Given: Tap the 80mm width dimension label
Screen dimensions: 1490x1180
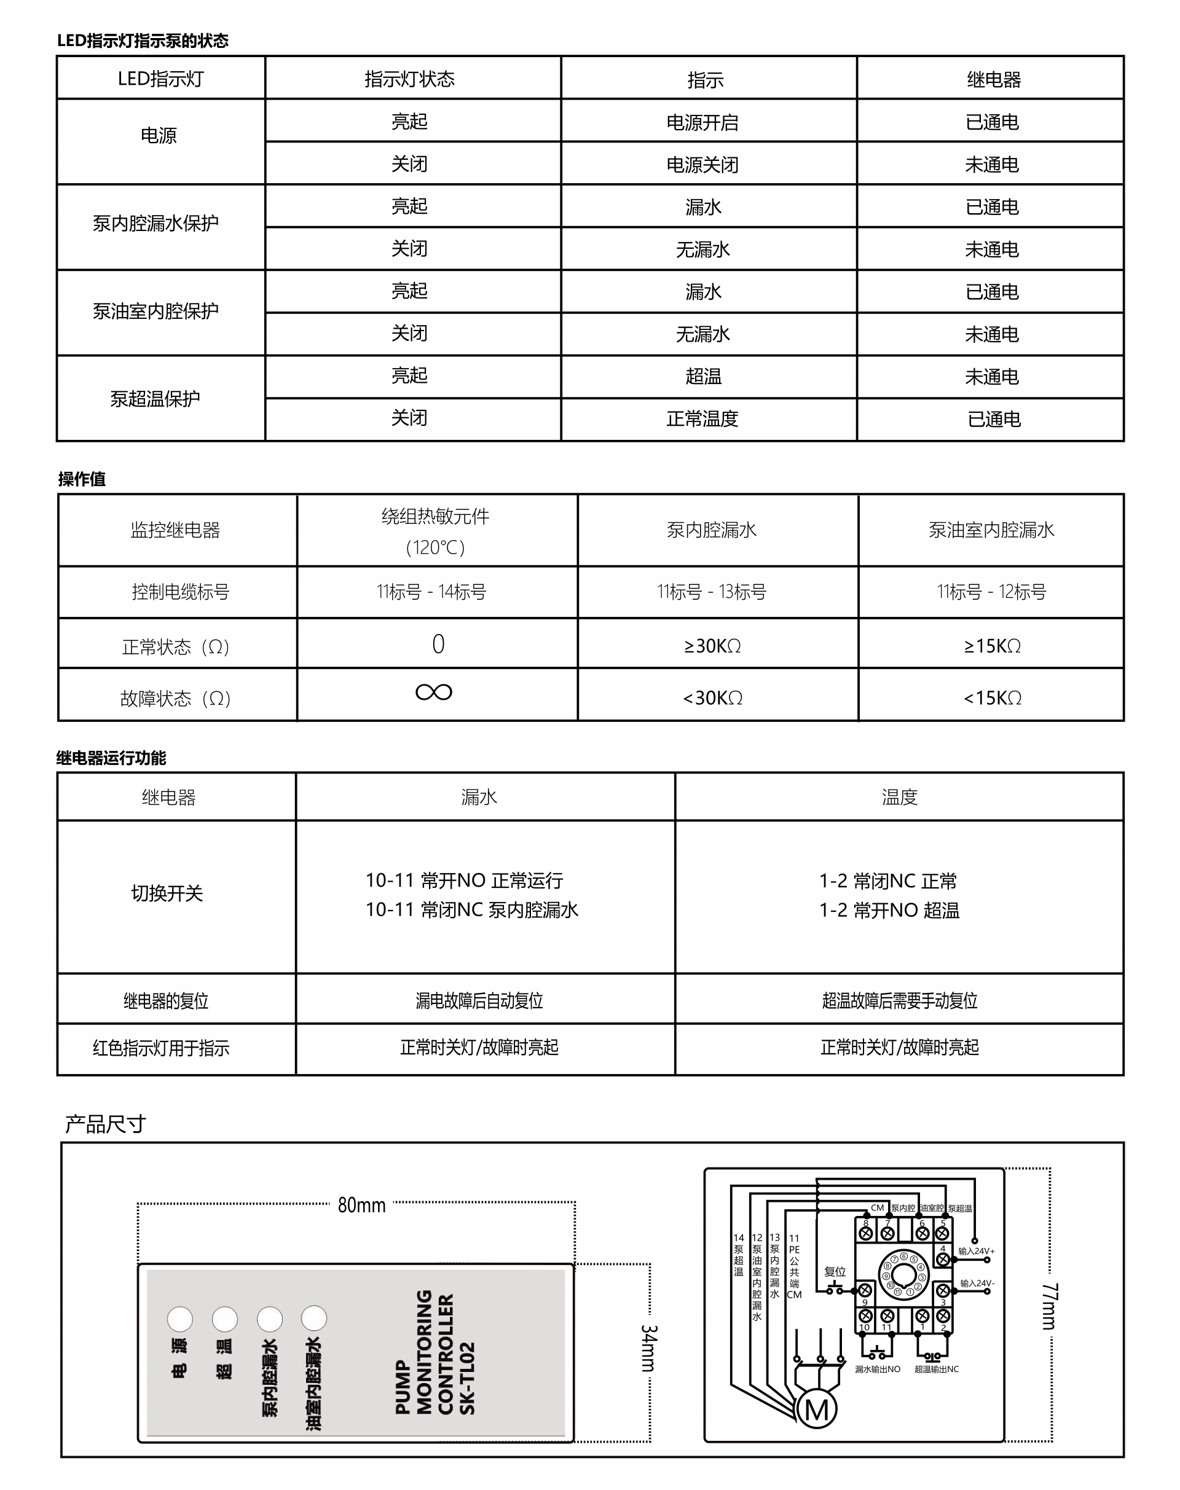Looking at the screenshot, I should [361, 1206].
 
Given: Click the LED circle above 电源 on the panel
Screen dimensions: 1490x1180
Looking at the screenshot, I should [179, 1319].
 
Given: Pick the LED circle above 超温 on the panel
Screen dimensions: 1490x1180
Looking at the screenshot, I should [224, 1319].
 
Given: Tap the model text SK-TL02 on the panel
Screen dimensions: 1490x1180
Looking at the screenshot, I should [468, 1378].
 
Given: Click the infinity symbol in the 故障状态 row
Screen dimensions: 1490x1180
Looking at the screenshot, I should [434, 692].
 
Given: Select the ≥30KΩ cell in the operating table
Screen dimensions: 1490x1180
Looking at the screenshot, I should [712, 646].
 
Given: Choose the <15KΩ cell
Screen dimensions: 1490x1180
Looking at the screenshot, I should [992, 697].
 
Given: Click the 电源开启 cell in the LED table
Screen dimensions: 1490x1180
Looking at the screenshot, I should [702, 122].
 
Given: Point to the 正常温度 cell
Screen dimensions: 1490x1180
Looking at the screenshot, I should [702, 418].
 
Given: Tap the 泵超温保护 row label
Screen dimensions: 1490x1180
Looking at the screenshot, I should [155, 399].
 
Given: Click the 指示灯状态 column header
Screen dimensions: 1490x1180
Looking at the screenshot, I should [410, 79].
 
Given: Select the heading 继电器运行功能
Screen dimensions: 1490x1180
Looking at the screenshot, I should [111, 758].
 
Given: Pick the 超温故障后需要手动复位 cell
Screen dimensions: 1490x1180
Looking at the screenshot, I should [900, 1000].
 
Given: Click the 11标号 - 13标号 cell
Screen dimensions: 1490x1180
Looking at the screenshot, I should [712, 591].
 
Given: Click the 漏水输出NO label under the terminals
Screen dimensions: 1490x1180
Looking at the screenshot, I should [878, 1369].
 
